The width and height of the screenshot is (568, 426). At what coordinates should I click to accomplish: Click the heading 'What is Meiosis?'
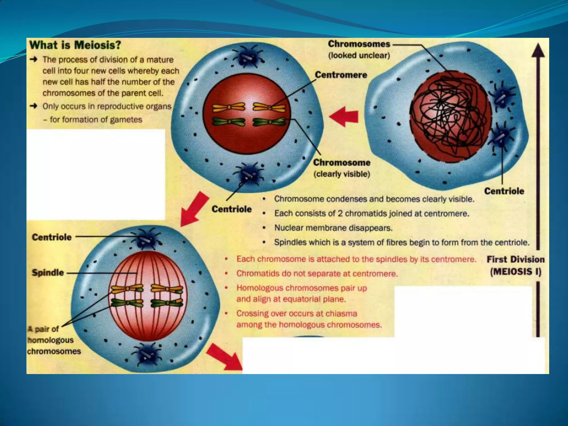(75, 45)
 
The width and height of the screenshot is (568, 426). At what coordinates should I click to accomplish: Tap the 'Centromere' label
(341, 75)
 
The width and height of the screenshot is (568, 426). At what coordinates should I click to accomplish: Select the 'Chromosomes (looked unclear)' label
(359, 49)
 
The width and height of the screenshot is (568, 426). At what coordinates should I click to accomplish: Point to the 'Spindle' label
(48, 273)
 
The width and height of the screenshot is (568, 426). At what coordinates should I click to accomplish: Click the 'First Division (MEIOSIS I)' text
(516, 265)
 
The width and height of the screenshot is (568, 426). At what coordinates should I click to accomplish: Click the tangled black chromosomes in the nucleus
(449, 116)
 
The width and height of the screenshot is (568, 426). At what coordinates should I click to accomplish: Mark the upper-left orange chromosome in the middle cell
(229, 107)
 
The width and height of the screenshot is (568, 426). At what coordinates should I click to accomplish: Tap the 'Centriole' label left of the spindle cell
(52, 237)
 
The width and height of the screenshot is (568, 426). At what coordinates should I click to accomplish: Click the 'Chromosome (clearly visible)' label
(342, 168)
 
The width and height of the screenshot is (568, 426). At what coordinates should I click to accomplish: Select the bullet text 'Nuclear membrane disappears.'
(333, 228)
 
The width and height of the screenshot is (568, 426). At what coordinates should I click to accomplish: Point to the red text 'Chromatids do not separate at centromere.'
(317, 274)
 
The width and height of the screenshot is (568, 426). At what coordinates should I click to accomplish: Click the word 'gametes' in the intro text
(126, 120)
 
